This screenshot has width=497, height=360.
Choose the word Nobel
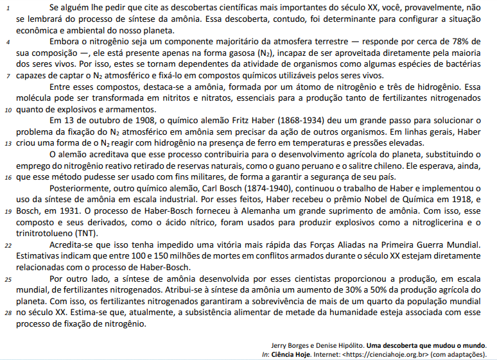(x=338, y=199)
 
